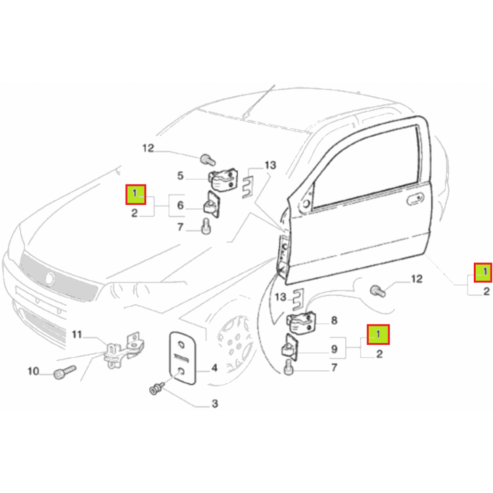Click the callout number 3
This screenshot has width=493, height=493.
pyautogui.click(x=215, y=403)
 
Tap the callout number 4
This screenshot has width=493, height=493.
pyautogui.click(x=214, y=367)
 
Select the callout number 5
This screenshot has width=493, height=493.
pyautogui.click(x=180, y=176)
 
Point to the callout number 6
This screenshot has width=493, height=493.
pyautogui.click(x=180, y=205)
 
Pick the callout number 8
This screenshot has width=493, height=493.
pyautogui.click(x=334, y=320)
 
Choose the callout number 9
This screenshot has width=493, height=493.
pyautogui.click(x=334, y=349)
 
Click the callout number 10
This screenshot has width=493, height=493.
pyautogui.click(x=33, y=371)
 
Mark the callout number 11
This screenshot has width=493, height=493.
pyautogui.click(x=77, y=334)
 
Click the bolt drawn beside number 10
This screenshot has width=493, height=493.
pyautogui.click(x=65, y=372)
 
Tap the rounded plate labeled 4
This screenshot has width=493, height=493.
pyautogui.click(x=182, y=358)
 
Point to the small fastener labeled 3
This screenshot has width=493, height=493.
pyautogui.click(x=156, y=389)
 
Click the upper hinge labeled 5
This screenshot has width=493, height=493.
pyautogui.click(x=223, y=179)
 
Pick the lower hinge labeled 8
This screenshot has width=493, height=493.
pyautogui.click(x=301, y=323)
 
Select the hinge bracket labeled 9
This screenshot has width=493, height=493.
pyautogui.click(x=290, y=348)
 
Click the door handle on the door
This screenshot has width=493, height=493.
pyautogui.click(x=415, y=199)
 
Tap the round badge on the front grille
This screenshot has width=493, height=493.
pyautogui.click(x=50, y=279)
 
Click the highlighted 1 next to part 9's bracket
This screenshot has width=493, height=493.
pyautogui.click(x=378, y=335)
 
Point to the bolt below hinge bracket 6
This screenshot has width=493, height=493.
pyautogui.click(x=206, y=226)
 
